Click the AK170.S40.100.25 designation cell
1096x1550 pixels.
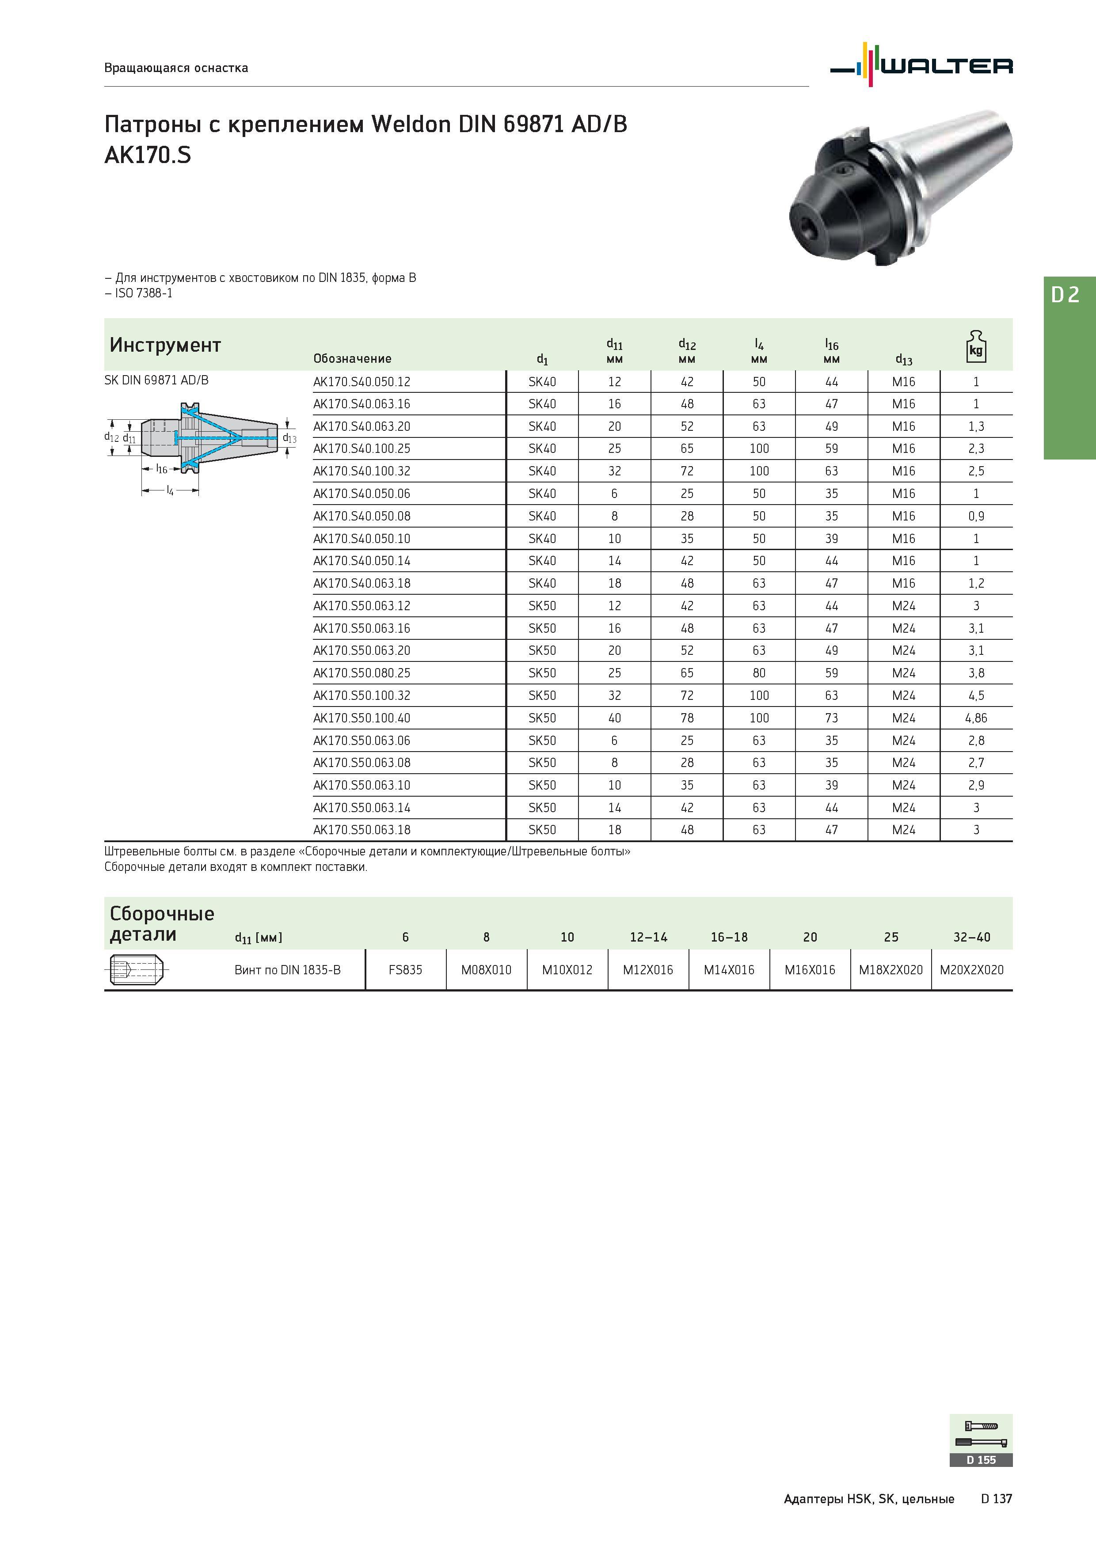pos(361,449)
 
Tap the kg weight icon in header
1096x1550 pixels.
pos(976,347)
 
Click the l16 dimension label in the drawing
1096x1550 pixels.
pos(161,468)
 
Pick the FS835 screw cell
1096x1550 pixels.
pos(405,970)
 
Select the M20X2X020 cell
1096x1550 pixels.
pos(972,970)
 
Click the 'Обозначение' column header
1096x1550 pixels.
pos(352,358)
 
